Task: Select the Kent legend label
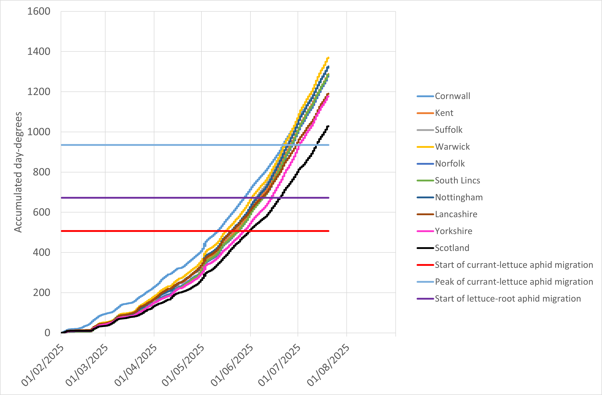tap(444, 113)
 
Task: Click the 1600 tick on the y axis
tap(39, 11)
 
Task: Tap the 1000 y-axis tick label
tap(39, 132)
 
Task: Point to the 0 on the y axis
tap(47, 333)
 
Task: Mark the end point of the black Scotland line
tap(328, 126)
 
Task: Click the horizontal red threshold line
tap(152, 231)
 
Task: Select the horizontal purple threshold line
tap(152, 198)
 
